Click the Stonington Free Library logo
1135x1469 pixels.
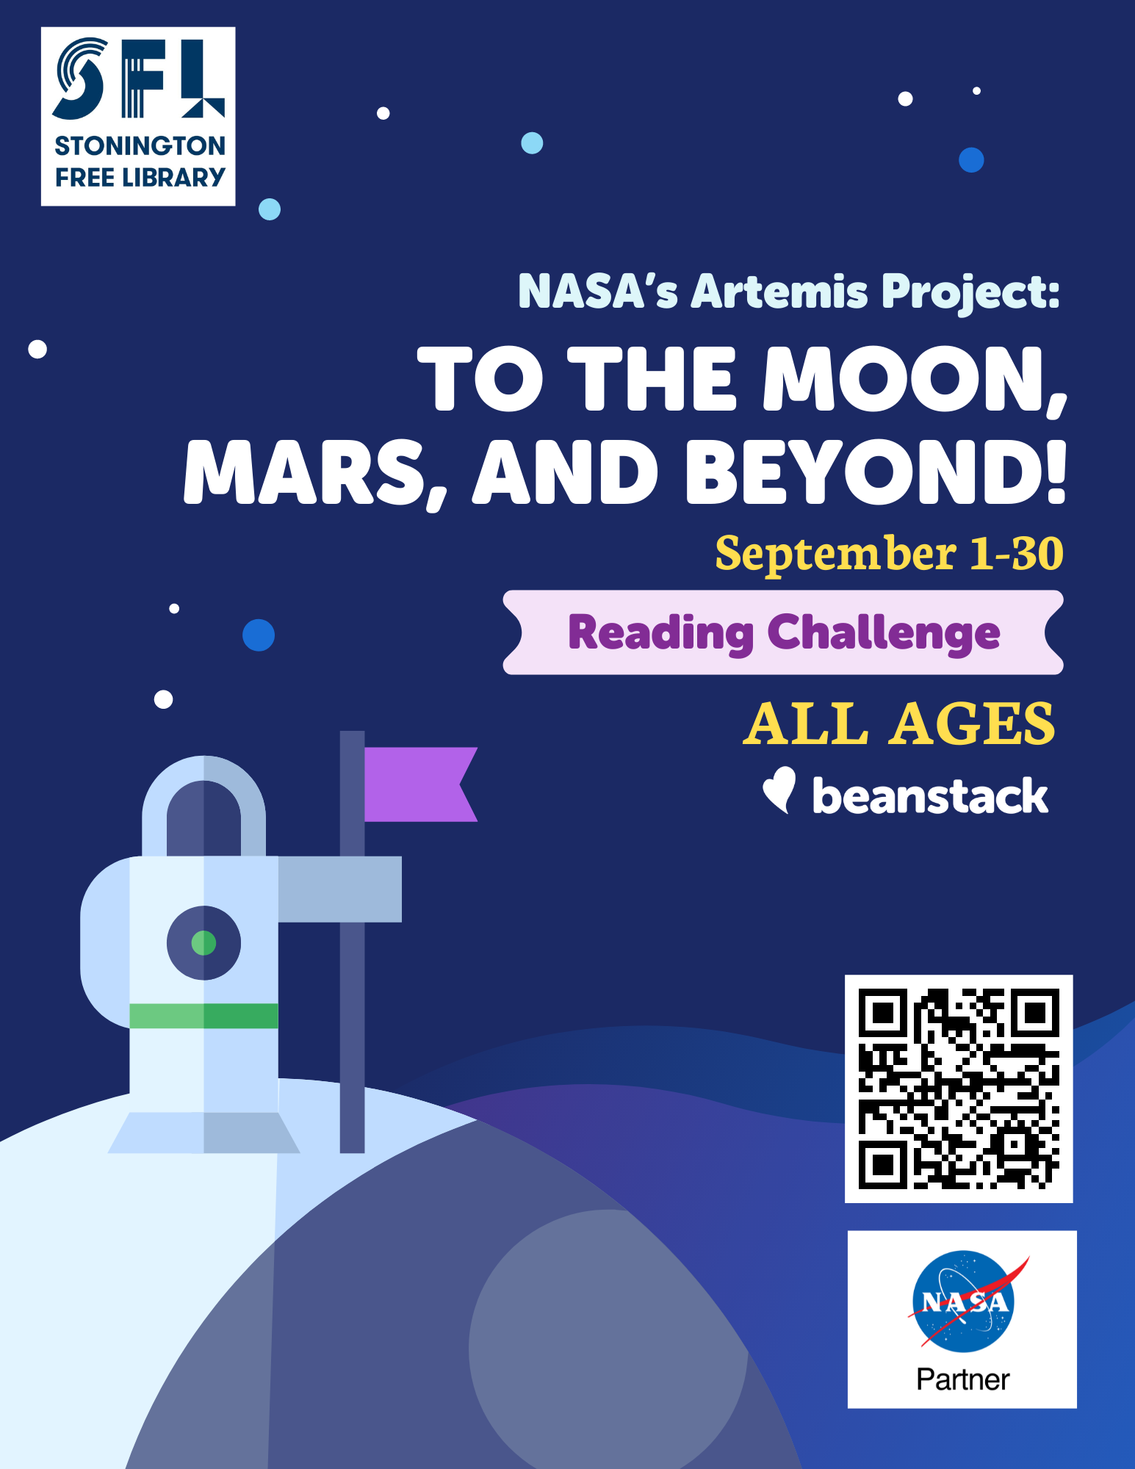tap(138, 116)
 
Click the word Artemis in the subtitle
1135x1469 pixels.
tap(779, 291)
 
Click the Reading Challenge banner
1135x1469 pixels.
tap(783, 632)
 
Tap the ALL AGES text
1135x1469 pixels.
tap(899, 723)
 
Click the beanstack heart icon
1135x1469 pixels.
tap(779, 790)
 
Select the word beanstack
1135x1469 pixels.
tap(930, 795)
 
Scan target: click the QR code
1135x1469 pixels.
tap(959, 1089)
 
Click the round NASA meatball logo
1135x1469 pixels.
tap(964, 1301)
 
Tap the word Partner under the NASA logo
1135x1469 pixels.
tap(962, 1379)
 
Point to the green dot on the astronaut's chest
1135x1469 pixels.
tap(203, 942)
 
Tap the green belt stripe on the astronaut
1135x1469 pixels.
tap(203, 1016)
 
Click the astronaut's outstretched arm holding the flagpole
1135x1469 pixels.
tap(339, 889)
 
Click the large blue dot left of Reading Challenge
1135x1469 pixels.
tap(259, 635)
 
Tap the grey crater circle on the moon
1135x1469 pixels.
tap(608, 1340)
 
